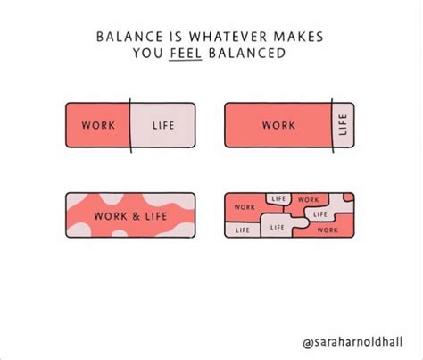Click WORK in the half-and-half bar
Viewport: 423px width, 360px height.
(97, 125)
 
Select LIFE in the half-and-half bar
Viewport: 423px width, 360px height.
(163, 125)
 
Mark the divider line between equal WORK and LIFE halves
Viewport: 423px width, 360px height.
(131, 125)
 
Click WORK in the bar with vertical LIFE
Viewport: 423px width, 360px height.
(278, 125)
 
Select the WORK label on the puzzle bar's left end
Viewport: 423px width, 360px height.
(244, 207)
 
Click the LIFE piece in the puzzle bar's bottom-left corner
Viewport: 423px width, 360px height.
(242, 230)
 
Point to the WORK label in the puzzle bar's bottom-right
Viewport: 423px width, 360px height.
(327, 230)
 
